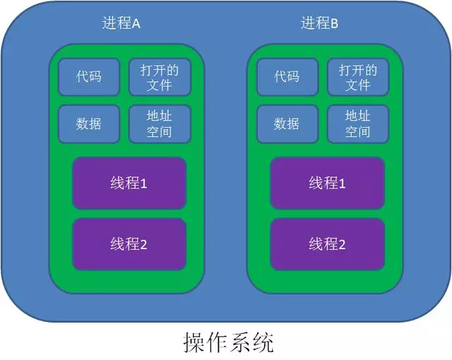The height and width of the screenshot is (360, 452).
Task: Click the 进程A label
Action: [121, 23]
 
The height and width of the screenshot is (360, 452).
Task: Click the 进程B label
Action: [319, 23]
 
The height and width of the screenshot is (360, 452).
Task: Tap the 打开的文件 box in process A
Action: [160, 77]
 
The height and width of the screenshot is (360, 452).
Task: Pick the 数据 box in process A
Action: [89, 124]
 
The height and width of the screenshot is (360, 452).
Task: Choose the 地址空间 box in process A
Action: [160, 124]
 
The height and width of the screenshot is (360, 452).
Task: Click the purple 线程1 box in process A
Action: [129, 184]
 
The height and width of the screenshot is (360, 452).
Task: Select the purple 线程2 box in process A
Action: [129, 244]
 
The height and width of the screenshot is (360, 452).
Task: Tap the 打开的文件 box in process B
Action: [358, 77]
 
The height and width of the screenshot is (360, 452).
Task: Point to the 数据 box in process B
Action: [287, 124]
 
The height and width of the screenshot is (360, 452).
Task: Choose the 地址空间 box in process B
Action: [358, 124]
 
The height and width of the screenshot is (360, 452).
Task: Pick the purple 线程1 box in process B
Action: [327, 184]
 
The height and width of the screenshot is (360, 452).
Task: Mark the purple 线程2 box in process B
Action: [327, 244]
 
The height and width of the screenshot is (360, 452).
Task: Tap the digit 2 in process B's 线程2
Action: [342, 245]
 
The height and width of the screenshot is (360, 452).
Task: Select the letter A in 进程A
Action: [136, 24]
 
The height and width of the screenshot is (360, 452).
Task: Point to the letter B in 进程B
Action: [335, 24]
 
